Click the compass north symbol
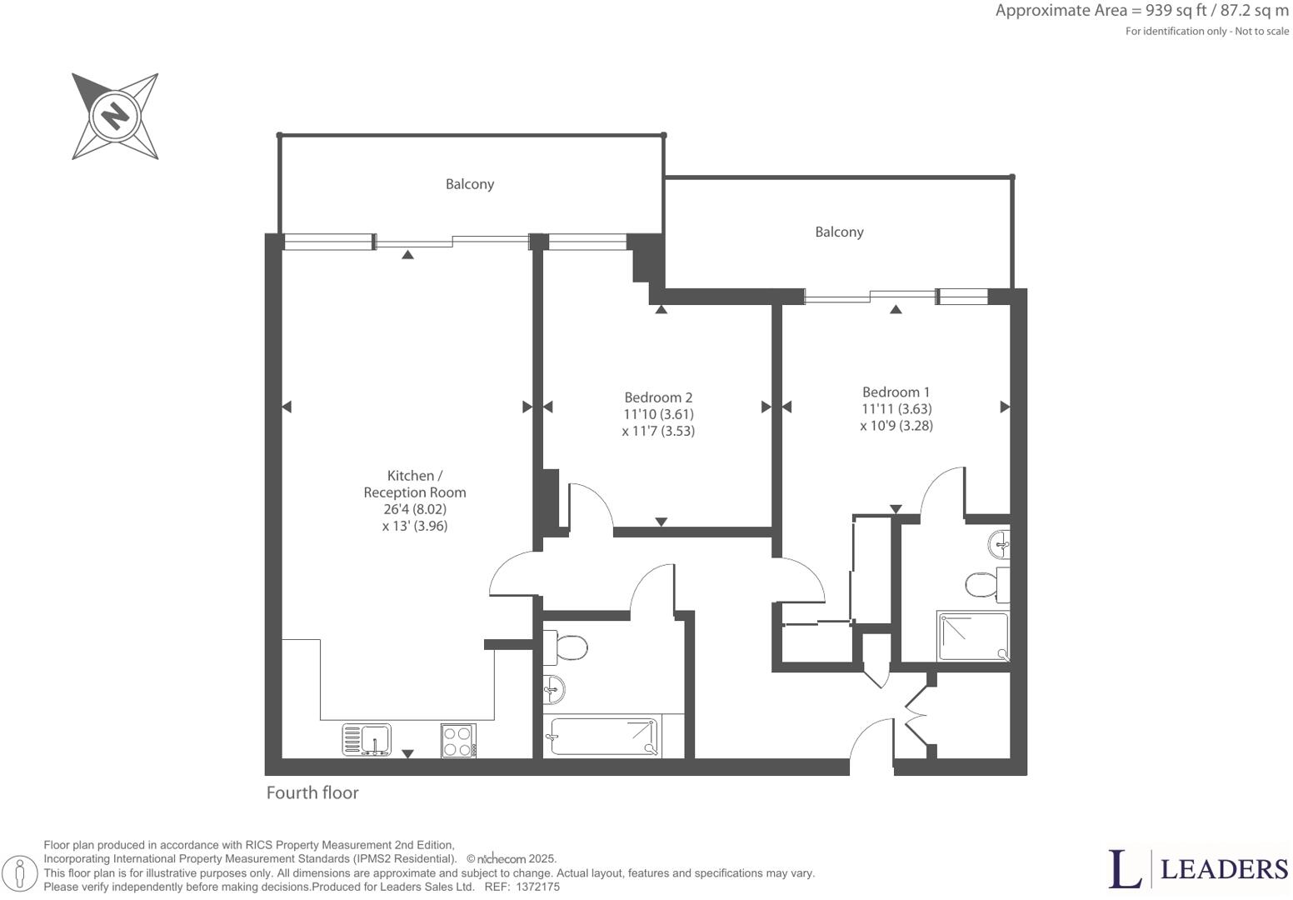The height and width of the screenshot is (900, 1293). [x=114, y=115]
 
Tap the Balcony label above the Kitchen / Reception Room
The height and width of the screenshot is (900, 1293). [x=469, y=184]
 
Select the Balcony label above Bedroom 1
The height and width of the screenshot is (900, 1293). [x=838, y=232]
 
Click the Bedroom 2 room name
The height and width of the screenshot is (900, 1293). [x=658, y=397]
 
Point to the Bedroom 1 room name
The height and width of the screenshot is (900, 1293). [x=896, y=392]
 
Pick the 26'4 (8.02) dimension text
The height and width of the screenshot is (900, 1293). [x=414, y=509]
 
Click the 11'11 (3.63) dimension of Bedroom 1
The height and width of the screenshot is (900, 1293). [x=896, y=409]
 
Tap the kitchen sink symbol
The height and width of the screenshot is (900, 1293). [x=367, y=739]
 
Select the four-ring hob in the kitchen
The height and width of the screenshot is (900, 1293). [x=458, y=740]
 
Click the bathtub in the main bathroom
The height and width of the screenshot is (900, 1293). [x=602, y=737]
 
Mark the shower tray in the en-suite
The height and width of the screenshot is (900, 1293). [x=972, y=636]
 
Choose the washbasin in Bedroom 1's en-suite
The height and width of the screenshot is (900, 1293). [x=1000, y=546]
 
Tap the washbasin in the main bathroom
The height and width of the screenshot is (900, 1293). [x=554, y=689]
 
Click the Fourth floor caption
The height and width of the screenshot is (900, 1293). [x=312, y=792]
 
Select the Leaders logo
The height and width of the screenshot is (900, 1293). [x=1198, y=869]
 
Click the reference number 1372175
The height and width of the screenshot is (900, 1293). [x=537, y=887]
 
